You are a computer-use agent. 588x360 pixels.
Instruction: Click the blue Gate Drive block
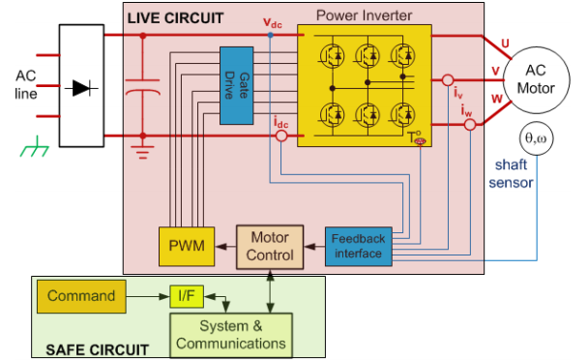tap(237, 85)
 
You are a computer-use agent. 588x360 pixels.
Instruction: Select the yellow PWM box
tap(187, 246)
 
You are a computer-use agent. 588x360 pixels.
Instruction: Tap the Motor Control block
tap(270, 247)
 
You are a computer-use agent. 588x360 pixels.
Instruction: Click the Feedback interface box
tap(359, 246)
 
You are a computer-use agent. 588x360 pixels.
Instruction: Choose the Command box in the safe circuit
tap(81, 296)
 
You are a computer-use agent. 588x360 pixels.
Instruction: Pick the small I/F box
tap(187, 296)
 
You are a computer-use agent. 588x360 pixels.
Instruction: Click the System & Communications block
tap(231, 335)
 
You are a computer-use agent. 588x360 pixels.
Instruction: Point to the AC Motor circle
tap(536, 80)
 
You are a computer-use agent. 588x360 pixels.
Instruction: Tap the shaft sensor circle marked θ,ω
tap(536, 138)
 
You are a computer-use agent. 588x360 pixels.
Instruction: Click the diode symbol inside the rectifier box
tap(81, 88)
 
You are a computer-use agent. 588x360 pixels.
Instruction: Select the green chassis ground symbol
tap(35, 147)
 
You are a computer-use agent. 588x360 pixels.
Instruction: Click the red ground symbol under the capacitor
tap(142, 152)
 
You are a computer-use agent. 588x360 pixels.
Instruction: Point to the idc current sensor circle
tap(281, 135)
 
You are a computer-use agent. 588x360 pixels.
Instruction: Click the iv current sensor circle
tap(448, 80)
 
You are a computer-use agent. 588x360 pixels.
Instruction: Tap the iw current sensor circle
tap(470, 125)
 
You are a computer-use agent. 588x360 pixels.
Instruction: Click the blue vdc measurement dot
tap(271, 35)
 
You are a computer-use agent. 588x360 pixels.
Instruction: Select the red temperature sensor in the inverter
tap(421, 141)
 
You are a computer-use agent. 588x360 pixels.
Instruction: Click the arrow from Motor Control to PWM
tap(225, 247)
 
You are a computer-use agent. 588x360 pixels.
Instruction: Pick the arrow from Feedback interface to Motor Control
tap(314, 247)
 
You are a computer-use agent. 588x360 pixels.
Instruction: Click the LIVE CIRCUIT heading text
tap(175, 18)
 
